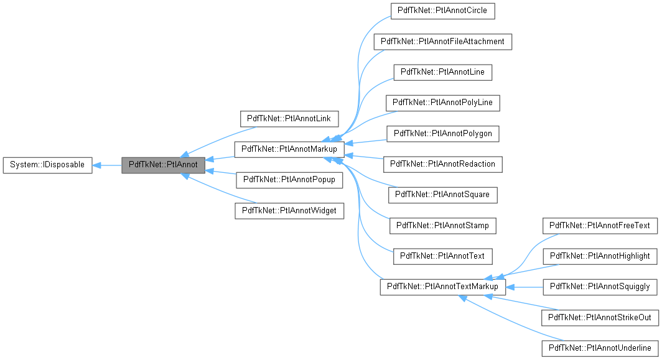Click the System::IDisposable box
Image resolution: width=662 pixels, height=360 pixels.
[x=48, y=165]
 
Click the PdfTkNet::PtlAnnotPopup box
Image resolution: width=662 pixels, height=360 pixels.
[x=289, y=180]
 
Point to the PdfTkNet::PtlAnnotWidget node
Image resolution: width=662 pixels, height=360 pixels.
[x=289, y=211]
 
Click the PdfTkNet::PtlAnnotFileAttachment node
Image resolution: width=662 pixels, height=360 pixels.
[x=442, y=42]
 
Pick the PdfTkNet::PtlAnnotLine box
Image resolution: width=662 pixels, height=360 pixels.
[x=442, y=72]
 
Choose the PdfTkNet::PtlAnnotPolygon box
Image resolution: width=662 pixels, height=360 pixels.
[x=442, y=134]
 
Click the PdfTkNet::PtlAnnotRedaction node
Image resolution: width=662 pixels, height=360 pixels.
[x=442, y=165]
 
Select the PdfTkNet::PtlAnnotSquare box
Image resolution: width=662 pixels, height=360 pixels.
[x=442, y=195]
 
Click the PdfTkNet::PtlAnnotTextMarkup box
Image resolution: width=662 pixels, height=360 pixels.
[x=442, y=287]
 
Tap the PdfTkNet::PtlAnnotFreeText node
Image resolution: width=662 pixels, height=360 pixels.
[x=600, y=226]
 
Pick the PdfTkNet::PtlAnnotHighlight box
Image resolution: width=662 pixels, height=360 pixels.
[x=600, y=256]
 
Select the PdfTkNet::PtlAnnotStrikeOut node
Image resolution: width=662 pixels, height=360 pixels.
[x=600, y=318]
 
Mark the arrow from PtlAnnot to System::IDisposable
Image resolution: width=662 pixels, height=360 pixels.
[x=107, y=165]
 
